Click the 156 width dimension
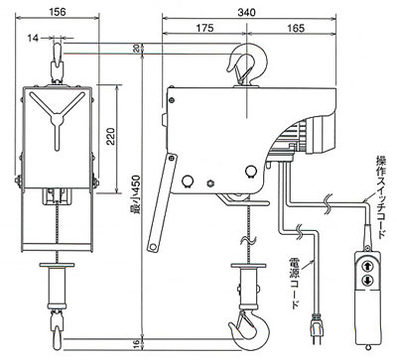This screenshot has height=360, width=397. tap(58, 11)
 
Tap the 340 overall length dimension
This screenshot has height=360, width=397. tap(246, 12)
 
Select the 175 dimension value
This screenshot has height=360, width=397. tap(204, 28)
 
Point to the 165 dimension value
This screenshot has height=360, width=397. tap(296, 28)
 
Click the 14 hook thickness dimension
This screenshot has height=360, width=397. tap(33, 39)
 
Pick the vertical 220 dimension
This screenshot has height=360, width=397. tap(111, 136)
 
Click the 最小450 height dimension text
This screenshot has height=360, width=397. tap(137, 194)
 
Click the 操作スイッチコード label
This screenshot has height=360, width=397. tap(381, 196)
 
